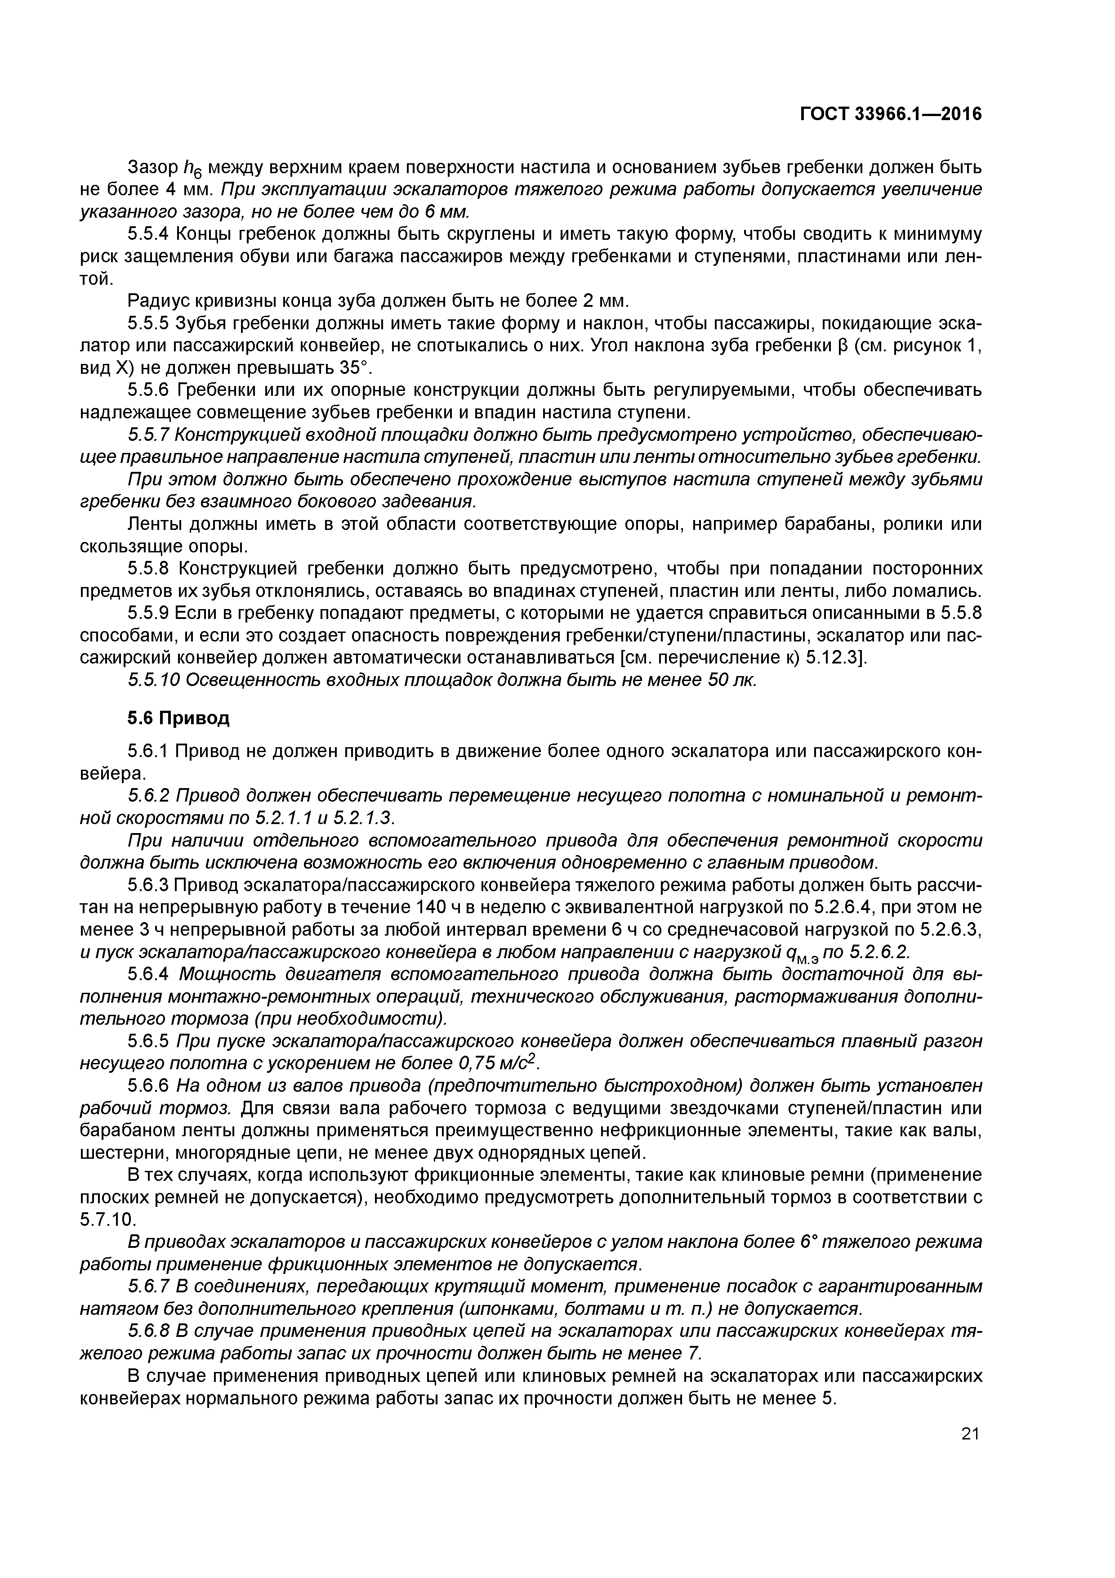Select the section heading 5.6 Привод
click(x=178, y=718)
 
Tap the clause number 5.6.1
click(x=148, y=751)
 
